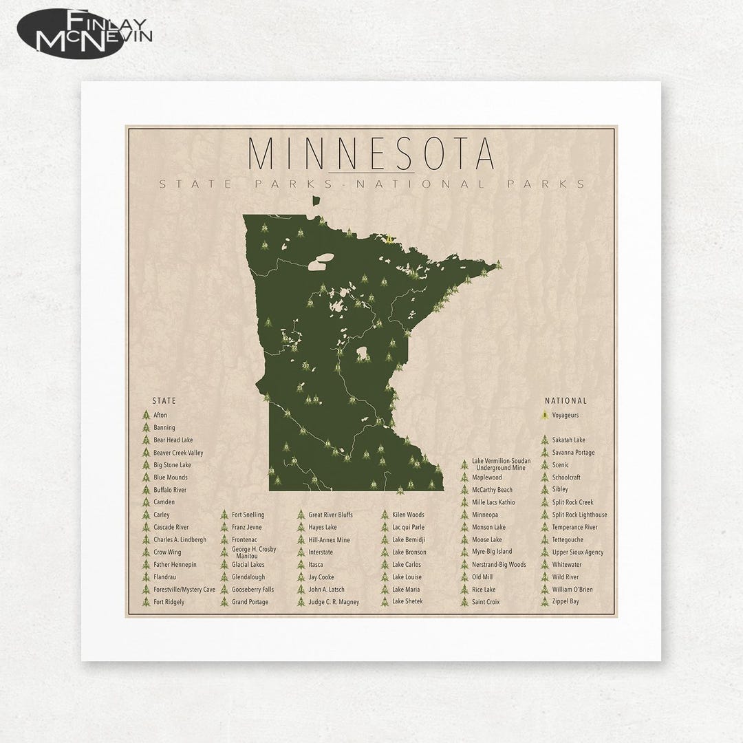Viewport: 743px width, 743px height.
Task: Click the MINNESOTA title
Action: [371, 155]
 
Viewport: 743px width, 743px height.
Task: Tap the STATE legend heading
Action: [164, 400]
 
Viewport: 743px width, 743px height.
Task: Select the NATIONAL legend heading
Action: [566, 400]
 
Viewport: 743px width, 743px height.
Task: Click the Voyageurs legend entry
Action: [565, 416]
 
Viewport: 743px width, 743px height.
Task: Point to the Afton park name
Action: [160, 416]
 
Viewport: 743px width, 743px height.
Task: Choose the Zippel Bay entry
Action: [566, 602]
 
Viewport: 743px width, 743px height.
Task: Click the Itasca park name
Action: [316, 565]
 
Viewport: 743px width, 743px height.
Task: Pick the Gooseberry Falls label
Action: [252, 590]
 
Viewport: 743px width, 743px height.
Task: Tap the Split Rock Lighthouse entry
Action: [579, 515]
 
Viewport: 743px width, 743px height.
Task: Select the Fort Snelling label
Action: [248, 515]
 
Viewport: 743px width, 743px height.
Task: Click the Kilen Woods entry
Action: [408, 515]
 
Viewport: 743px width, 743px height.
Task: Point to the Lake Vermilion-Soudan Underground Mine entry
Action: [501, 464]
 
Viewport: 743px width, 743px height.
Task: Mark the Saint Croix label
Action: [486, 602]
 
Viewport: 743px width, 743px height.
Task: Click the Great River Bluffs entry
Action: [330, 515]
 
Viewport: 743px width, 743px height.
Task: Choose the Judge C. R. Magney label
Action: [334, 602]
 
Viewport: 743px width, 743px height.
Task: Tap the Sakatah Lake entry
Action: [568, 440]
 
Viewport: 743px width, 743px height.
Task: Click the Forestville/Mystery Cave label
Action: [184, 590]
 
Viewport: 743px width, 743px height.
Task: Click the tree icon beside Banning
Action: [145, 428]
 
